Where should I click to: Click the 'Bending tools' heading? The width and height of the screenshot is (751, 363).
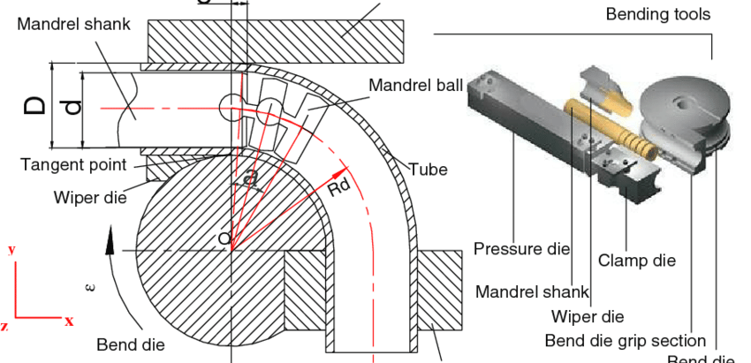[x=657, y=14]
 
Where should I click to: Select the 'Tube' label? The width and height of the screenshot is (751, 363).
[x=428, y=170]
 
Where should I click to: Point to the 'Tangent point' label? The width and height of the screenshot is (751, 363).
[x=73, y=164]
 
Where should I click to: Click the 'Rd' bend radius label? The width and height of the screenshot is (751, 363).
[x=339, y=188]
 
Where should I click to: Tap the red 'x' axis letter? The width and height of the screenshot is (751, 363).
[x=68, y=321]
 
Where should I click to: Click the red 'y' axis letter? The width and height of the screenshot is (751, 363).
[x=11, y=249]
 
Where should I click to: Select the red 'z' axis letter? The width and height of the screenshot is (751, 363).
[x=4, y=327]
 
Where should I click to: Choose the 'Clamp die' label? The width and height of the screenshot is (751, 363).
[x=636, y=261]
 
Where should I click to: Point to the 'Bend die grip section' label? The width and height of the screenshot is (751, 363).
[x=625, y=341]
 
